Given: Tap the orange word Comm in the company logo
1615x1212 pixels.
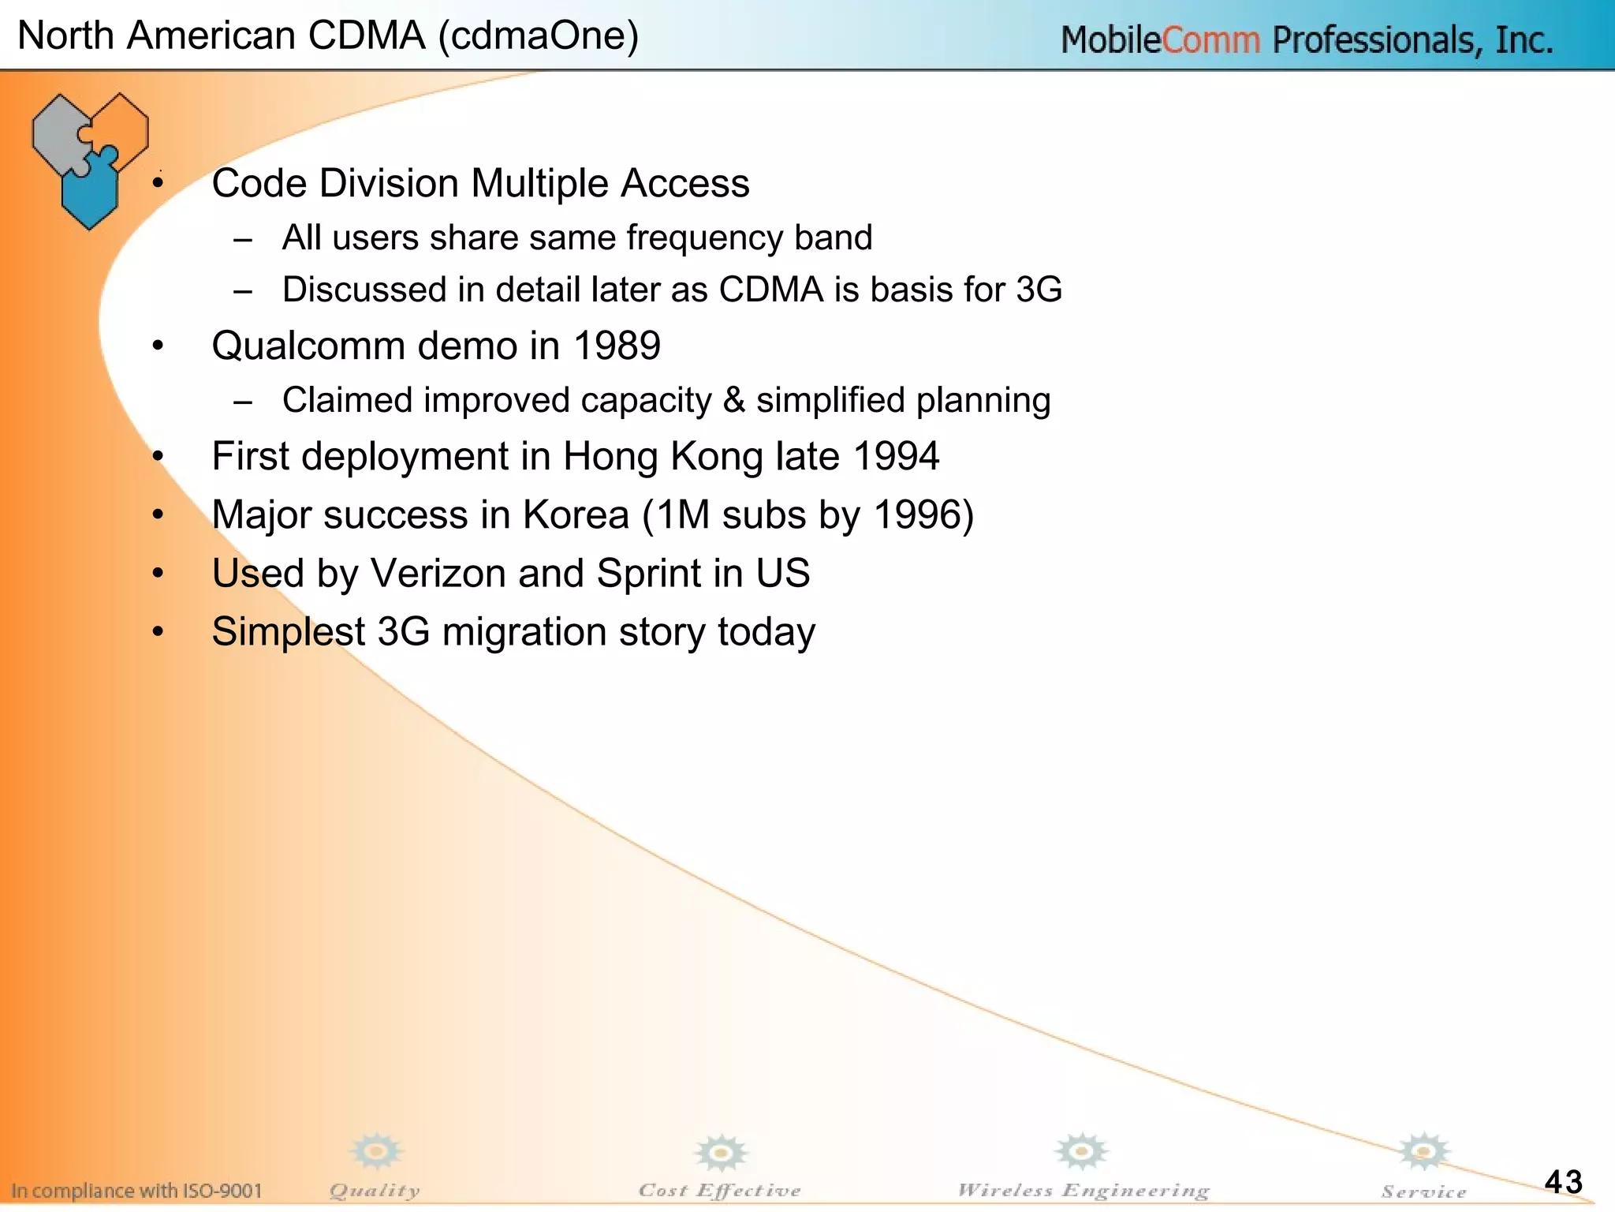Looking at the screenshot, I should pyautogui.click(x=1210, y=40).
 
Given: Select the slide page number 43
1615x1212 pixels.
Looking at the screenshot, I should pyautogui.click(x=1563, y=1182).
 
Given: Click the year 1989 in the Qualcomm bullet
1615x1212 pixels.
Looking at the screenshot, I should pyautogui.click(x=617, y=346).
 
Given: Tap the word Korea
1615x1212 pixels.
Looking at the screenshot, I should pyautogui.click(x=576, y=515).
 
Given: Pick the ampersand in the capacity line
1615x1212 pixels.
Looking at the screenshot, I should pyautogui.click(x=733, y=400).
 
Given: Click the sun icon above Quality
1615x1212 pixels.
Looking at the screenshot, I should pyautogui.click(x=377, y=1152).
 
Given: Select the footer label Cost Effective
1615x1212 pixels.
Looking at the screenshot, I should pyautogui.click(x=719, y=1191).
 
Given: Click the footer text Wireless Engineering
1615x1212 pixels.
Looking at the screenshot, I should pyautogui.click(x=1083, y=1191).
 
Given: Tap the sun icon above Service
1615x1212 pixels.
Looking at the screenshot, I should pyautogui.click(x=1423, y=1152).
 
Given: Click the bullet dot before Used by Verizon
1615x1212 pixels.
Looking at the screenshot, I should pyautogui.click(x=159, y=573).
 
